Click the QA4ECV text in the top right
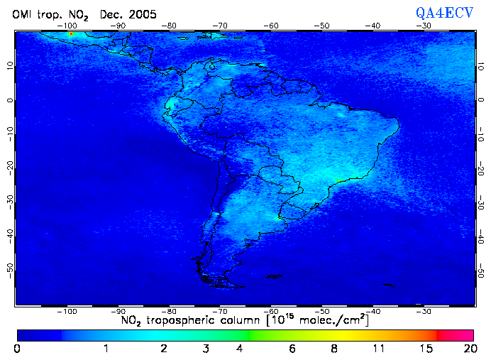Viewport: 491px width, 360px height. tap(444, 12)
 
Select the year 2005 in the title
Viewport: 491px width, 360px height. tap(143, 14)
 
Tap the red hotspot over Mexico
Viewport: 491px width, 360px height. tap(71, 34)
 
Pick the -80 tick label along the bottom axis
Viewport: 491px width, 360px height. tap(170, 311)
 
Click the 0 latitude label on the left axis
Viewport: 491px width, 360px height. tap(9, 100)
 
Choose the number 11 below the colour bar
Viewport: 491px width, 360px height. tap(380, 349)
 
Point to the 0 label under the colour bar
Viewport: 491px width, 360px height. tap(17, 349)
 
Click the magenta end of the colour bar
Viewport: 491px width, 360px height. tap(465, 334)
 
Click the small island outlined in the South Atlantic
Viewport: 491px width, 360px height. tap(387, 285)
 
